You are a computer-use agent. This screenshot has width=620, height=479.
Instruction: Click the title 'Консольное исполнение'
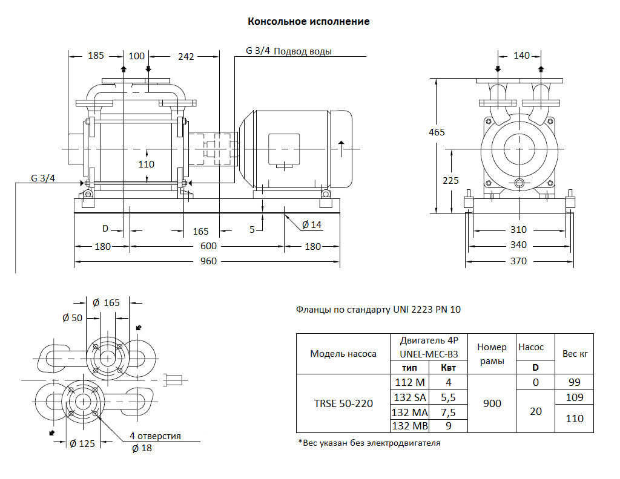309,22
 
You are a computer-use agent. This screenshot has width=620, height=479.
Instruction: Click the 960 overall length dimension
208,262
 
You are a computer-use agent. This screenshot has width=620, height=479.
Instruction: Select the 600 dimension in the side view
208,247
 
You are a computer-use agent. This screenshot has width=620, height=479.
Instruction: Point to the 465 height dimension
437,132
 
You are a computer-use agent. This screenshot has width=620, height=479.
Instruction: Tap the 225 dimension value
451,180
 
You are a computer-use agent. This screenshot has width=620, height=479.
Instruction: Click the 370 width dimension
518,261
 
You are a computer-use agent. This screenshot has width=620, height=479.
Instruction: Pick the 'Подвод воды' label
303,51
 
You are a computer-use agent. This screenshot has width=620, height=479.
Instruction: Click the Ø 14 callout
312,225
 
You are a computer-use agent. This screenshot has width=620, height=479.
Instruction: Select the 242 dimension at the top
186,56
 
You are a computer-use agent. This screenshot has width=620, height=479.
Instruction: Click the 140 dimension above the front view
521,56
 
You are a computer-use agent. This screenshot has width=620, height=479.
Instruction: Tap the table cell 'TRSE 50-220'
343,403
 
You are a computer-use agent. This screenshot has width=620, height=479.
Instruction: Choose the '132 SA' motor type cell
411,397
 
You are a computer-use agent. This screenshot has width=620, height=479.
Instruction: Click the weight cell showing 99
574,382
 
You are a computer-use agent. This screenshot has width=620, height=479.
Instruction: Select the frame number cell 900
492,403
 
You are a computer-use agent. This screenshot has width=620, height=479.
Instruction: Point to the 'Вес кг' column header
574,354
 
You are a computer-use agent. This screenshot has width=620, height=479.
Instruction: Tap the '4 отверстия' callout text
155,436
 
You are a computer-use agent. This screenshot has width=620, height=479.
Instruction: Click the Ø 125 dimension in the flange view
82,444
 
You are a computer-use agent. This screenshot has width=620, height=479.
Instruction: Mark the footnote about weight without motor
369,443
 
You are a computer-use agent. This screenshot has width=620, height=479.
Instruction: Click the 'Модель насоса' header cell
343,354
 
